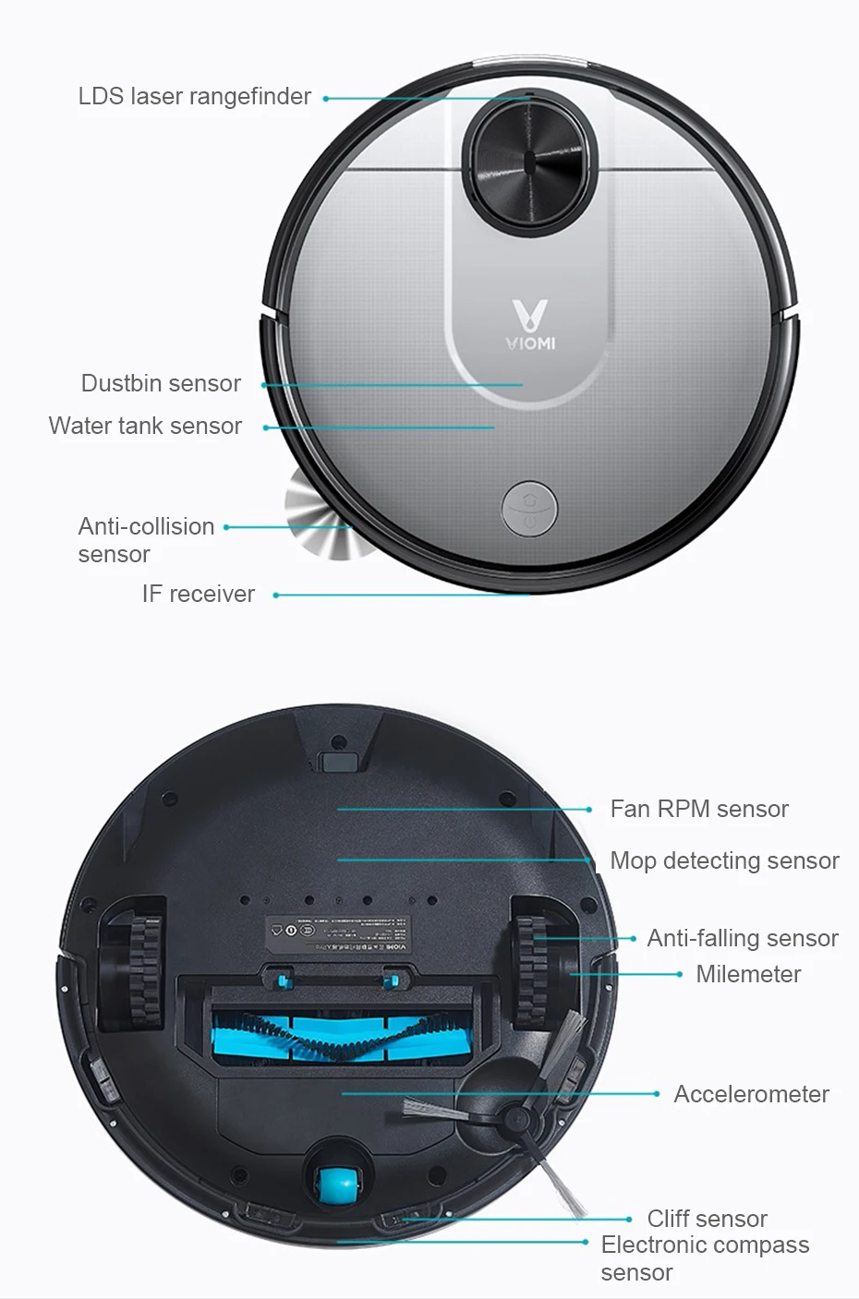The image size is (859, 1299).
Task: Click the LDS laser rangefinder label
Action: click(x=194, y=97)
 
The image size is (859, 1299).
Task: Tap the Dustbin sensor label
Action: click(x=161, y=383)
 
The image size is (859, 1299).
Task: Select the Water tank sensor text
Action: click(x=145, y=426)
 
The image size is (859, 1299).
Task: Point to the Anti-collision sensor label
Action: click(x=146, y=540)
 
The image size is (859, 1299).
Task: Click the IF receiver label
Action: click(x=198, y=594)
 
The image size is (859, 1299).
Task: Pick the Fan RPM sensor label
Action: click(x=699, y=809)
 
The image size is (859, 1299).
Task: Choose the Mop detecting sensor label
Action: click(x=724, y=860)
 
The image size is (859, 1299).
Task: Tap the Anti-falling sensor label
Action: click(x=743, y=938)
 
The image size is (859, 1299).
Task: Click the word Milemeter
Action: click(x=748, y=974)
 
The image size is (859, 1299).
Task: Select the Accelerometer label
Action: click(x=751, y=1094)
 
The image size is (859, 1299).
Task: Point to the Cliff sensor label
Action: click(x=707, y=1219)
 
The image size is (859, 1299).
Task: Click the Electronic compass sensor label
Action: click(x=704, y=1258)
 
